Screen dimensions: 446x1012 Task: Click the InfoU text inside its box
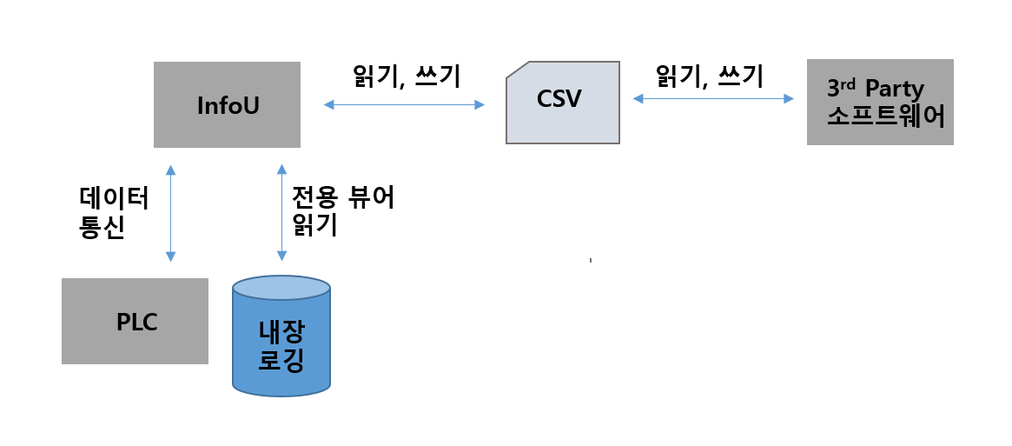coord(228,105)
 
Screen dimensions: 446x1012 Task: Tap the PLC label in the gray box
coord(136,322)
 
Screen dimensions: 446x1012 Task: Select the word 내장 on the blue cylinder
coord(281,332)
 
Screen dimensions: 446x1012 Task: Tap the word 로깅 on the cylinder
coord(281,360)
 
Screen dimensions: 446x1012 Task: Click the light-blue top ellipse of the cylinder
coord(281,288)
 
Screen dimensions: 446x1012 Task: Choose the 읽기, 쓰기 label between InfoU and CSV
coord(406,77)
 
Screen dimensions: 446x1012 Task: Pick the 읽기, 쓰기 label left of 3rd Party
coord(710,77)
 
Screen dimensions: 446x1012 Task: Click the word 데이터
coord(113,198)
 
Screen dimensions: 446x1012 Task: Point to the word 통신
coord(102,226)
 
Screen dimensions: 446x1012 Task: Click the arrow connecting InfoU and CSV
coord(404,105)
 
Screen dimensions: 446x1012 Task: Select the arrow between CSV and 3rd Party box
coord(713,100)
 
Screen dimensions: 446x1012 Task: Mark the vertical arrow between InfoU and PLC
coord(170,213)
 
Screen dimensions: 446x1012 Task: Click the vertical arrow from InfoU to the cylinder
coord(281,213)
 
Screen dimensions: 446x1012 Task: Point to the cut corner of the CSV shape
coord(517,70)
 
